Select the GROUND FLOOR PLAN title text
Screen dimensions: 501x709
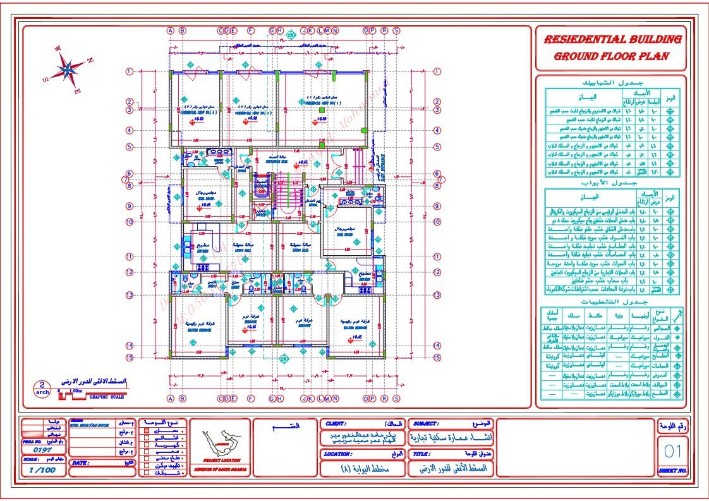[x=611, y=56]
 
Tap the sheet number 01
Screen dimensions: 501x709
[x=673, y=450]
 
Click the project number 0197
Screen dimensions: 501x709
[x=42, y=450]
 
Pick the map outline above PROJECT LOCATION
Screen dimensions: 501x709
[x=220, y=442]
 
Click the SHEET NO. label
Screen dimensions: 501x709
[x=672, y=471]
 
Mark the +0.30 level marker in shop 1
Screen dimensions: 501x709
[x=321, y=118]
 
